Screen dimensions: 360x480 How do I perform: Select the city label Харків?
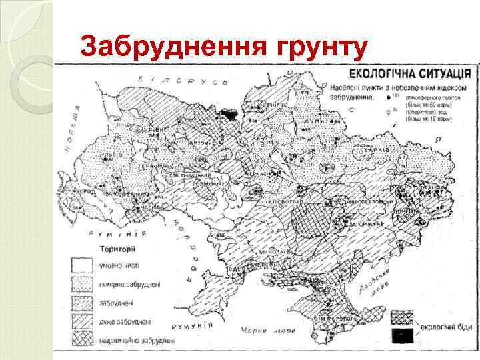(x=376, y=151)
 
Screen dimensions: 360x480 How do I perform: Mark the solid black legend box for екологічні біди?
(x=403, y=333)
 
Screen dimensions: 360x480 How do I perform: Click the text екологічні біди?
(x=445, y=327)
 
